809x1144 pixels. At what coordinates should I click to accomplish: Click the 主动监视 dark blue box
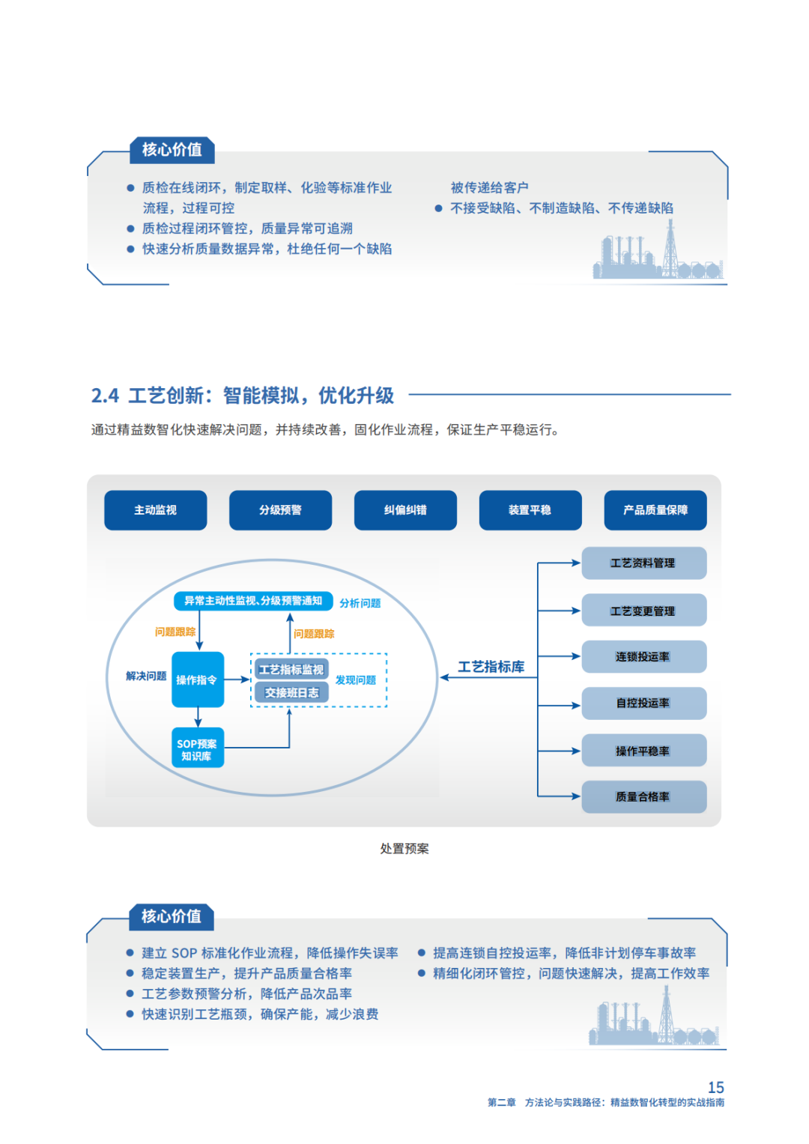(155, 509)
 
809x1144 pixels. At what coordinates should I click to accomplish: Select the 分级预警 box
(280, 509)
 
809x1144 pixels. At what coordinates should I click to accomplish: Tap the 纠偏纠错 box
(405, 509)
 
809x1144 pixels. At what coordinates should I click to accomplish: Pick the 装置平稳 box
(530, 509)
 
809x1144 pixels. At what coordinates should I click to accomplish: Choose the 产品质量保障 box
(655, 509)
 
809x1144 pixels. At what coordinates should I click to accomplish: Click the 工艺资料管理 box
(644, 563)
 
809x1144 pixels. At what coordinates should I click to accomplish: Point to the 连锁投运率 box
(644, 656)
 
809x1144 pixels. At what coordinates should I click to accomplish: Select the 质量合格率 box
(644, 796)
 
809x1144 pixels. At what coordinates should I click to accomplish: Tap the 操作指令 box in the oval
(198, 680)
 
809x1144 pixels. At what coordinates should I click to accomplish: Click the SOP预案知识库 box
(198, 748)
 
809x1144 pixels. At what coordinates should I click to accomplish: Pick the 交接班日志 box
(291, 692)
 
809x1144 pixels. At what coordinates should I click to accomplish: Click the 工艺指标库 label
(491, 667)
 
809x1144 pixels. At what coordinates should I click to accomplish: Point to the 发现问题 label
(356, 680)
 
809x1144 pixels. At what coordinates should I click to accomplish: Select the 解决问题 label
(146, 676)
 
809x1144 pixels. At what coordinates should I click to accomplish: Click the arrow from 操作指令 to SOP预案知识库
(199, 717)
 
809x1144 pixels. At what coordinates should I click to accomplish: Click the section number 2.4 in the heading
(105, 396)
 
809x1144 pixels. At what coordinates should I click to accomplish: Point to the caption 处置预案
(404, 848)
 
